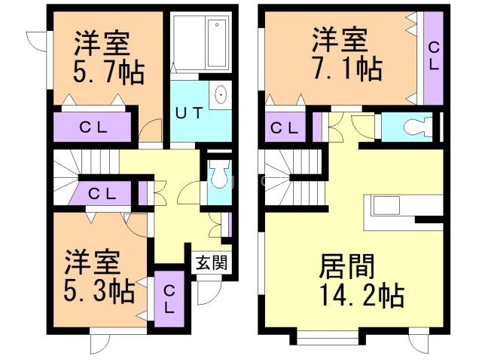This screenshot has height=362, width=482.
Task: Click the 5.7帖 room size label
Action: click(x=108, y=73)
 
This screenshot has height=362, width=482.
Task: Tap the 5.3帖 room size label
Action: click(x=99, y=290)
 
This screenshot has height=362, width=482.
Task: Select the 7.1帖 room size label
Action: click(x=348, y=69)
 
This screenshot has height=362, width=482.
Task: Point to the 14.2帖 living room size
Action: click(x=362, y=295)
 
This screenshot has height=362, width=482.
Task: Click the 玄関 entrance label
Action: click(x=212, y=263)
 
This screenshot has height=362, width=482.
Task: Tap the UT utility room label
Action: click(x=189, y=113)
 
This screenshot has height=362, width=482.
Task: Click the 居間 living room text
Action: click(x=346, y=266)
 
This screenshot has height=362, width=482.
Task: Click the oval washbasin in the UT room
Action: click(x=221, y=94)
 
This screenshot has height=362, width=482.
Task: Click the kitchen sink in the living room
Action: click(x=386, y=206)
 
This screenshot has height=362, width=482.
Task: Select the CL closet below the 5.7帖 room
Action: click(x=93, y=127)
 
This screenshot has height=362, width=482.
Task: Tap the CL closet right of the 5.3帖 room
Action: click(x=169, y=299)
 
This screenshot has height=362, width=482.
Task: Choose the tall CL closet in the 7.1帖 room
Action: click(x=434, y=59)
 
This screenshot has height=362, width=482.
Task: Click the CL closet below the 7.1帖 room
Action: click(x=285, y=127)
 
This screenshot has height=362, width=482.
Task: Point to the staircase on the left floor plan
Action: click(x=85, y=177)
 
